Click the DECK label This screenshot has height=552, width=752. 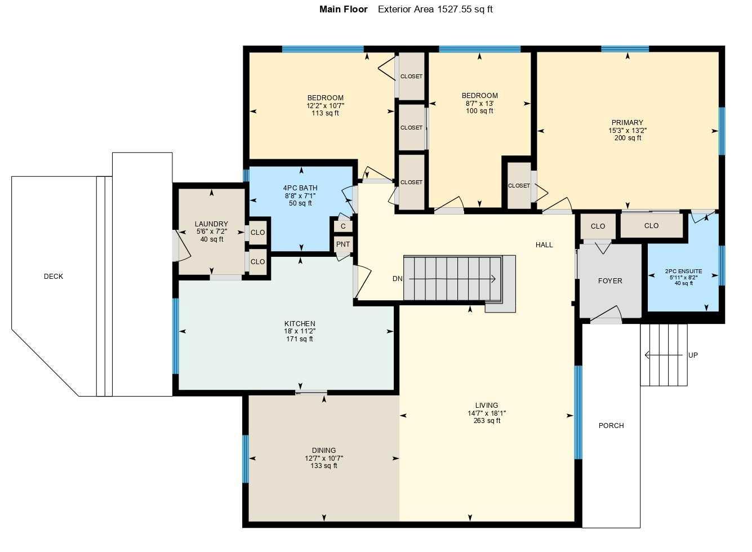54,277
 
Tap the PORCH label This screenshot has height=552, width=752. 611,426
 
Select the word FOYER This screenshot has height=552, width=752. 610,281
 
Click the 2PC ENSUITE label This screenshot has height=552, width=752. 683,271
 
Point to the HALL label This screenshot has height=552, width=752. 544,244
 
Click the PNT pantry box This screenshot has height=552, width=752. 343,244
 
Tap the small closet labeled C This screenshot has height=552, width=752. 343,226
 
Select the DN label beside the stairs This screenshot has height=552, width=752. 398,279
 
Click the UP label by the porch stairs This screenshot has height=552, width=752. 693,355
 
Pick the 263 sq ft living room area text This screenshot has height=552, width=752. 487,421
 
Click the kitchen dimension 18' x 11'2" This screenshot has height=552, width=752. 300,331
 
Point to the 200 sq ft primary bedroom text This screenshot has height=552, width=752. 628,138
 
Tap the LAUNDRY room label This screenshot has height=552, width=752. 211,224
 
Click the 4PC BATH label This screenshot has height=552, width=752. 300,188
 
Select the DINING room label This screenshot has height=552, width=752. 324,451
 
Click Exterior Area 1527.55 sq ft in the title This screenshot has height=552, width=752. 435,9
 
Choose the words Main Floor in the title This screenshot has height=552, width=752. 344,9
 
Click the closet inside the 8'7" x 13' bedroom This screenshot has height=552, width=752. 519,186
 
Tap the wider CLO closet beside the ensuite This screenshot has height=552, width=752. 651,226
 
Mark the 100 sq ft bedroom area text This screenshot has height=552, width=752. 479,111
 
